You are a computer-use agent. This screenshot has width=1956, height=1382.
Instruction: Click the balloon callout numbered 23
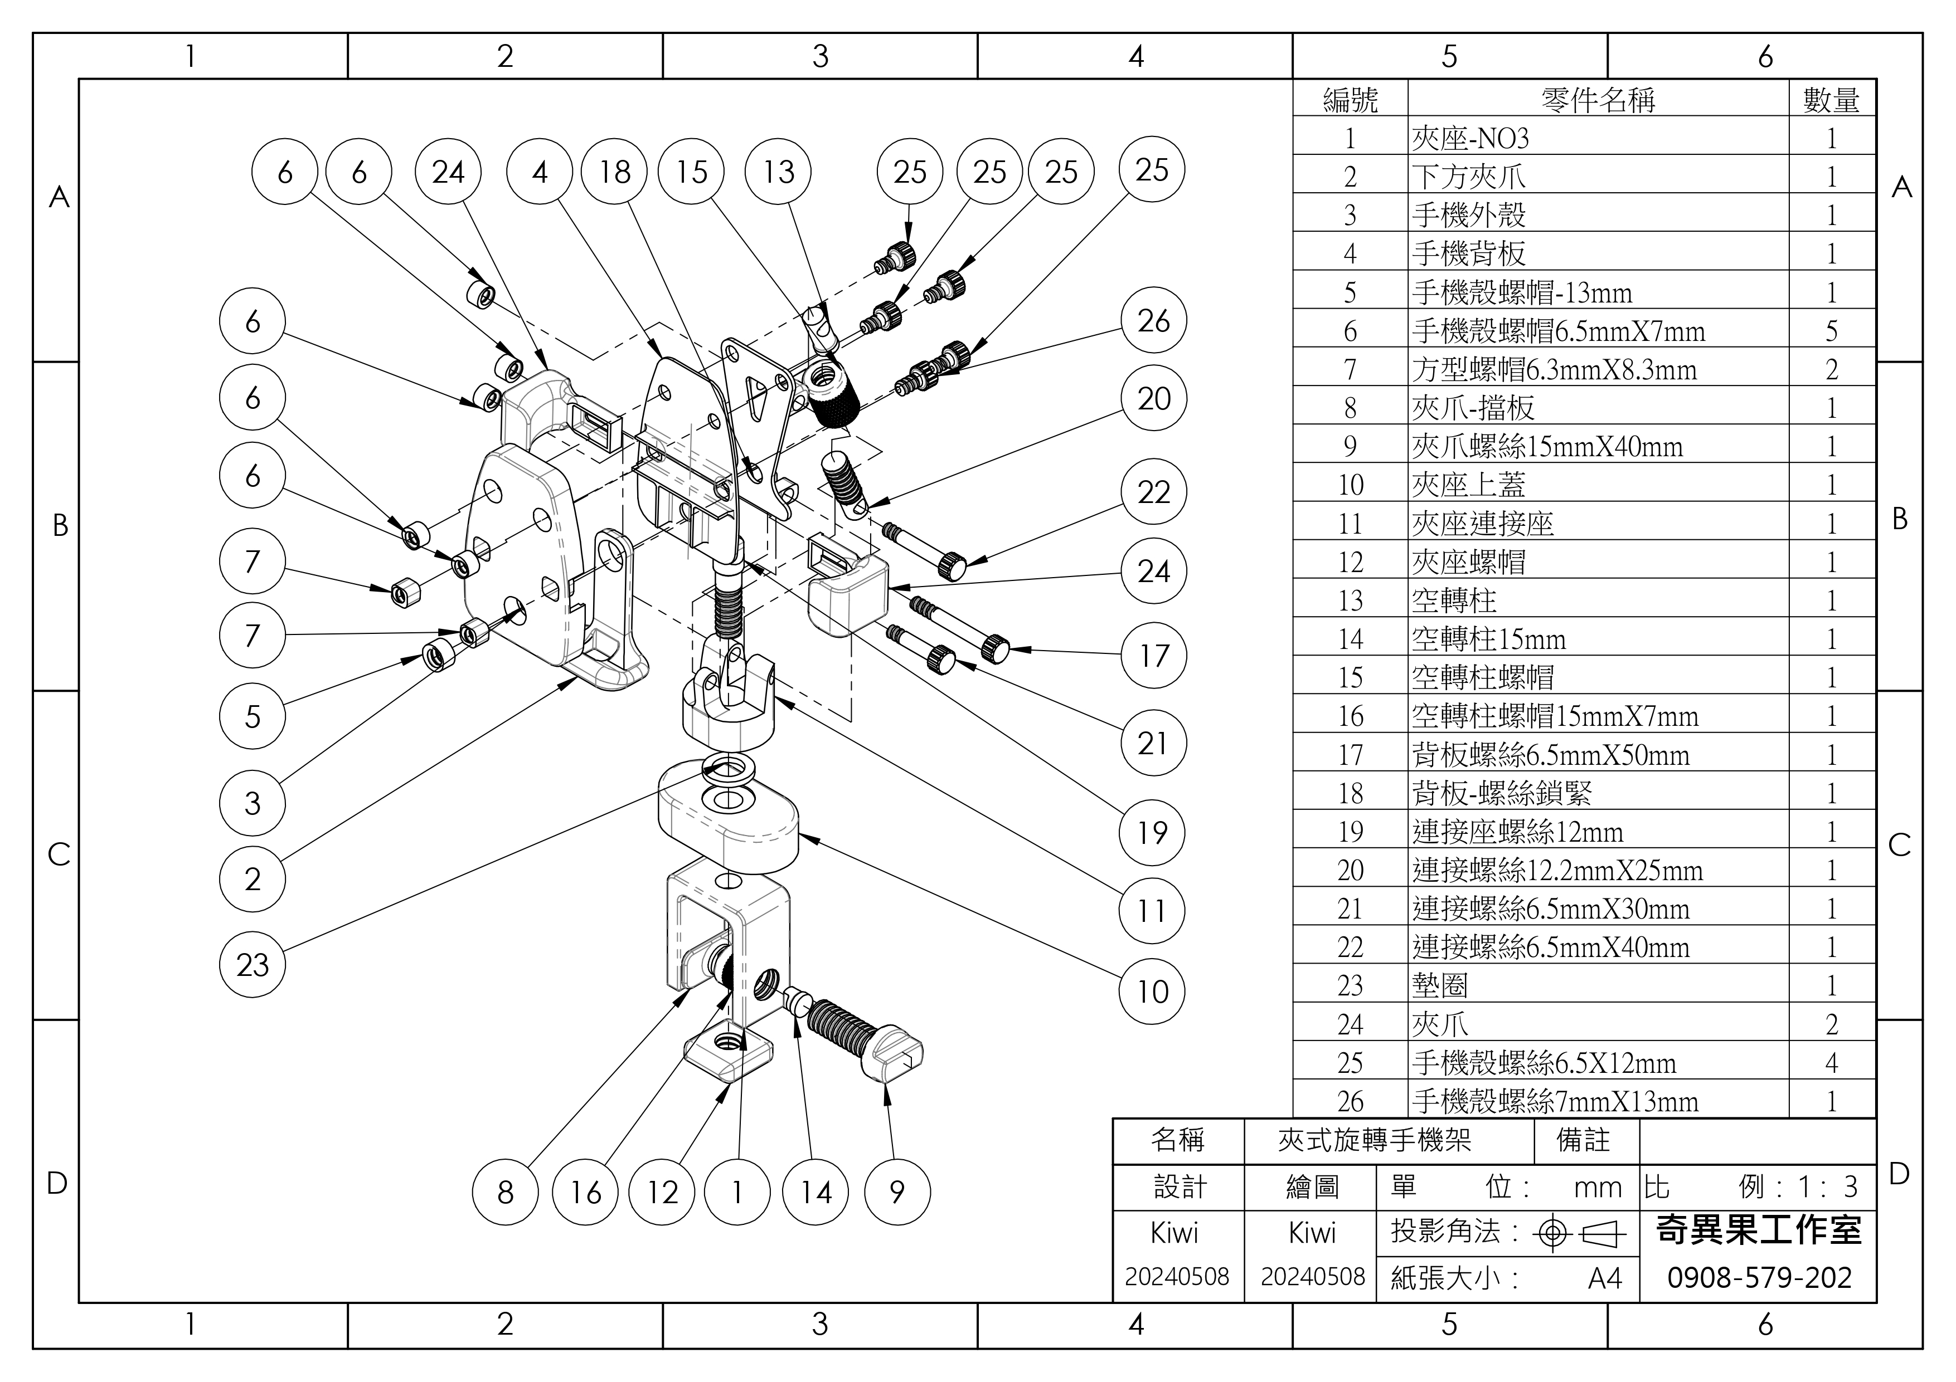pyautogui.click(x=252, y=965)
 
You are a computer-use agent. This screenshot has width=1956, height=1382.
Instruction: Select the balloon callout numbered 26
pyautogui.click(x=1153, y=321)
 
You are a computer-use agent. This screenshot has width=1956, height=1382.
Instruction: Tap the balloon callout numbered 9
pyautogui.click(x=897, y=1192)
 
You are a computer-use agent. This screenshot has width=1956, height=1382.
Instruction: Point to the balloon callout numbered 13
pyautogui.click(x=778, y=172)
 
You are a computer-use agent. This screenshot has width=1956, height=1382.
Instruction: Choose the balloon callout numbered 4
pyautogui.click(x=539, y=172)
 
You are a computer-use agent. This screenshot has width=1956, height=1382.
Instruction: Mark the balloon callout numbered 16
pyautogui.click(x=585, y=1192)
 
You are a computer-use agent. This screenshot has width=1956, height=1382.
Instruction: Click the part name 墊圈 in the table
pyautogui.click(x=1440, y=985)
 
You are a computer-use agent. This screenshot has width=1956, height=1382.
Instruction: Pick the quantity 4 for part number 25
pyautogui.click(x=1832, y=1063)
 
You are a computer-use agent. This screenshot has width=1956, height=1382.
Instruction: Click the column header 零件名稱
pyautogui.click(x=1598, y=100)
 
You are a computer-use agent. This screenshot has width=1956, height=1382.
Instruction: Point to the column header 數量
pyautogui.click(x=1832, y=100)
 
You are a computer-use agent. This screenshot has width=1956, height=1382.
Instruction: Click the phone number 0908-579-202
pyautogui.click(x=1759, y=1277)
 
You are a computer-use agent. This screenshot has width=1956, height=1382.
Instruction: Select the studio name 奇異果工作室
pyautogui.click(x=1759, y=1230)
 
